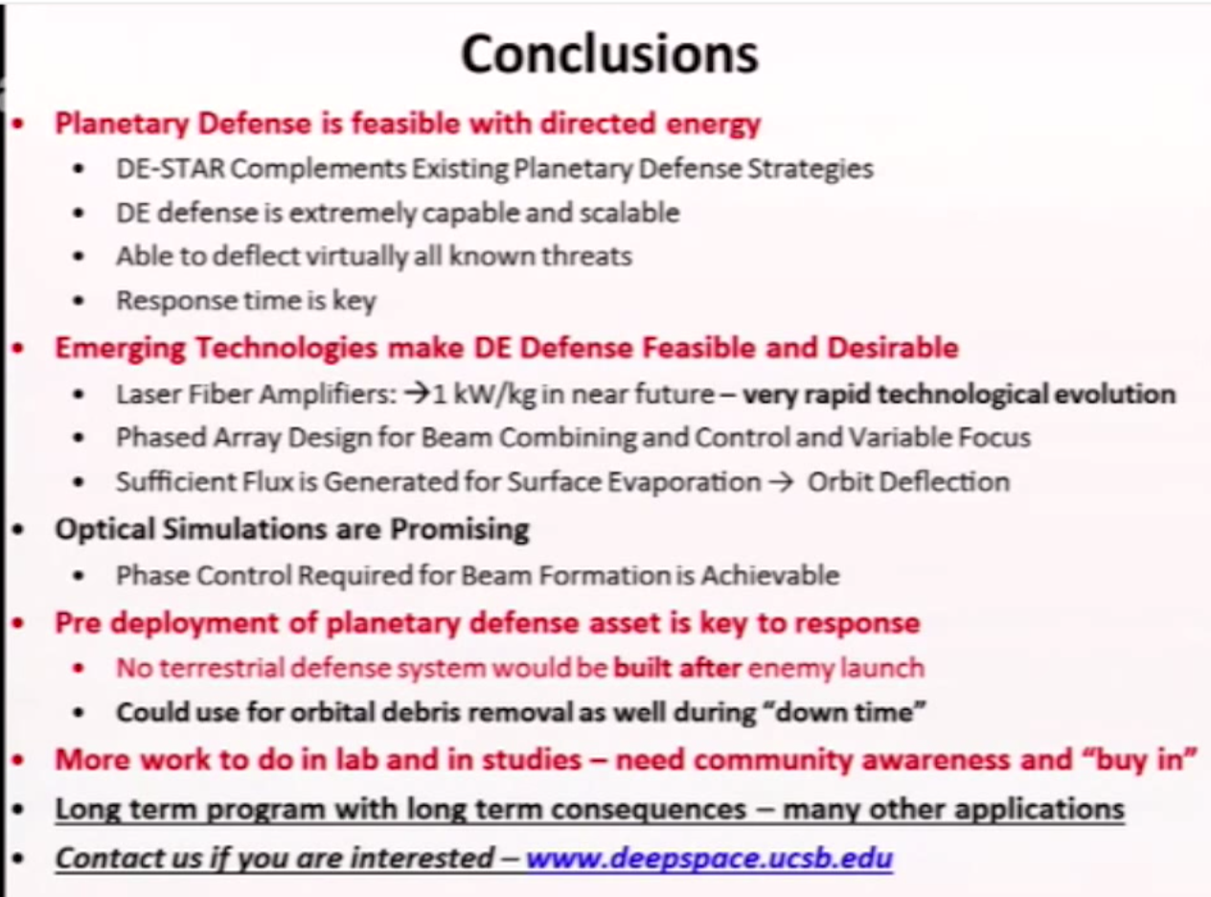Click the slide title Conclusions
[x=609, y=55]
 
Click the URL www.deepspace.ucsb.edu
[x=709, y=856]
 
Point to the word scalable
[x=628, y=212]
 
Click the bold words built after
[x=677, y=667]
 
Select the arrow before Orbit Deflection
[x=782, y=481]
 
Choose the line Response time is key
[x=245, y=300]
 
